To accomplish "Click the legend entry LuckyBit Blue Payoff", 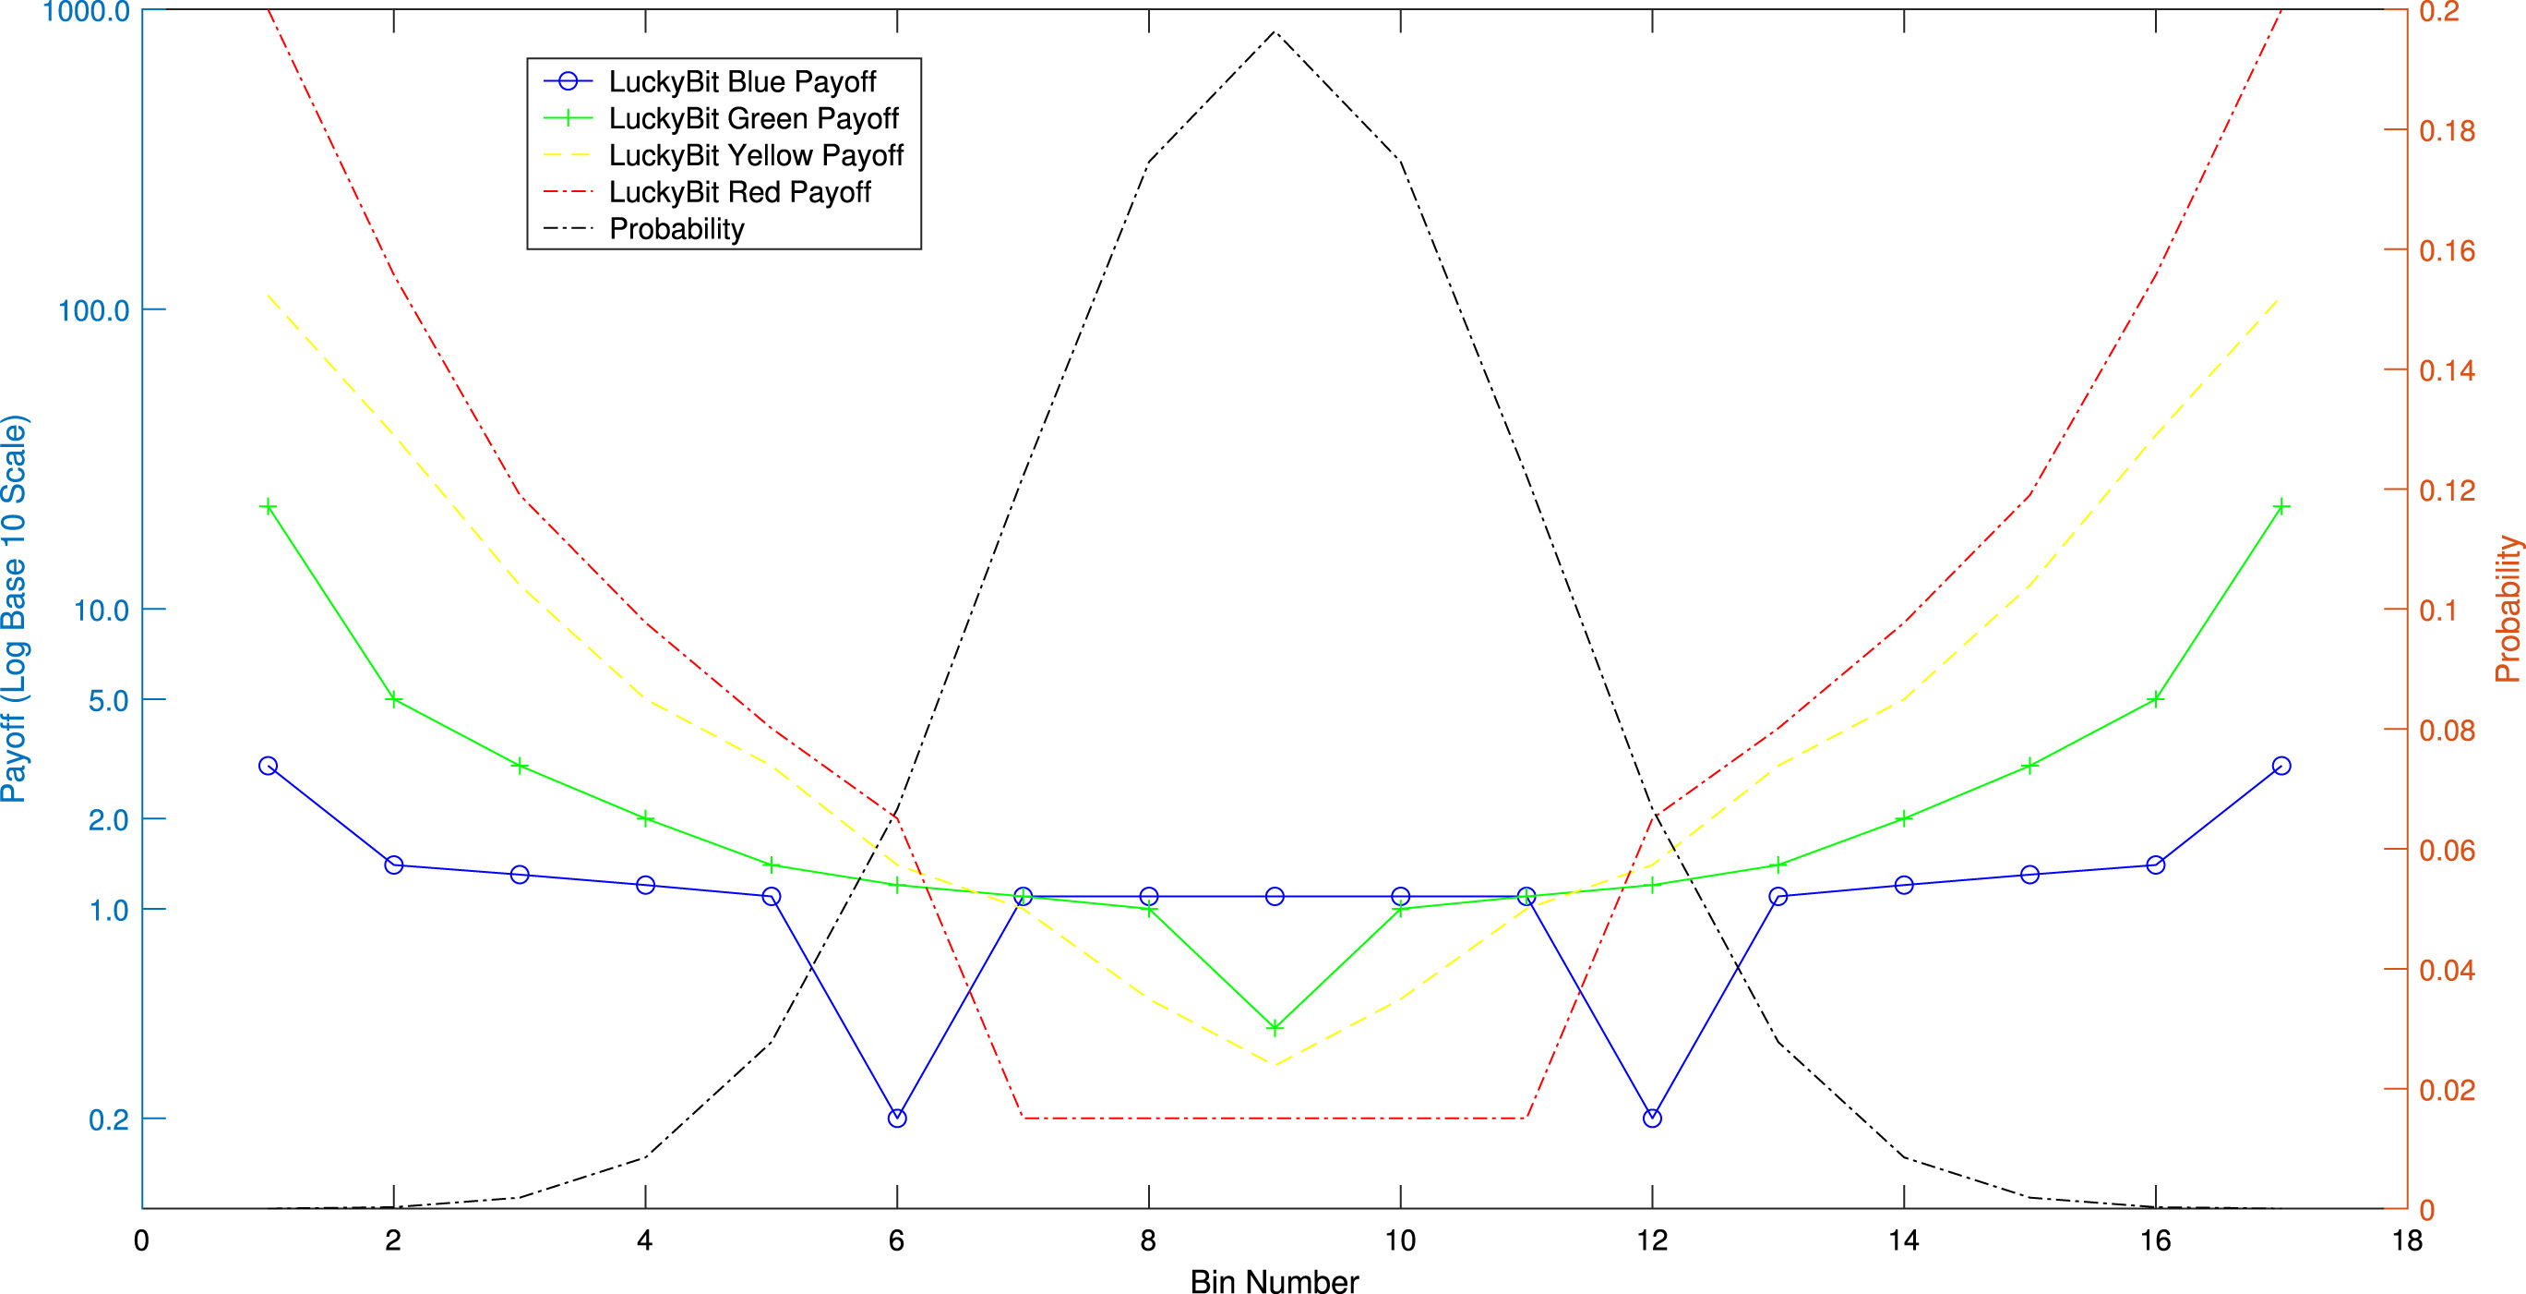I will tap(741, 81).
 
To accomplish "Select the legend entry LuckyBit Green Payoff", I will tap(753, 119).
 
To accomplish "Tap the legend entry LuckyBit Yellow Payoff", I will tap(755, 155).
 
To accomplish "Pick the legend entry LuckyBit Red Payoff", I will tap(739, 192).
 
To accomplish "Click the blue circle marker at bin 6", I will tap(896, 1119).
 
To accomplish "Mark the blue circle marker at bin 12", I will tap(1652, 1119).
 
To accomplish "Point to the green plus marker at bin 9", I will tap(1275, 1028).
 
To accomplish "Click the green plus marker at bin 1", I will tap(268, 507).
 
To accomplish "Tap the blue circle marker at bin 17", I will tap(2281, 765).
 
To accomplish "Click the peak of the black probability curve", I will tap(1275, 31).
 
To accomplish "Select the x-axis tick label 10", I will tap(1400, 1241).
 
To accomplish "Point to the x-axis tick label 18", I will tap(2407, 1241).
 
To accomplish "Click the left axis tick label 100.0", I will tap(94, 311).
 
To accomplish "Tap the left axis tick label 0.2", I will tap(109, 1119).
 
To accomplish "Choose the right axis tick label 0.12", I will tap(2447, 490).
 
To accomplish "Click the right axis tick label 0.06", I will tap(2447, 851).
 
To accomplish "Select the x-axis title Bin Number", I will tap(1274, 1281).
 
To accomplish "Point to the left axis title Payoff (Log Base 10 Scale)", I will tap(15, 610).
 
